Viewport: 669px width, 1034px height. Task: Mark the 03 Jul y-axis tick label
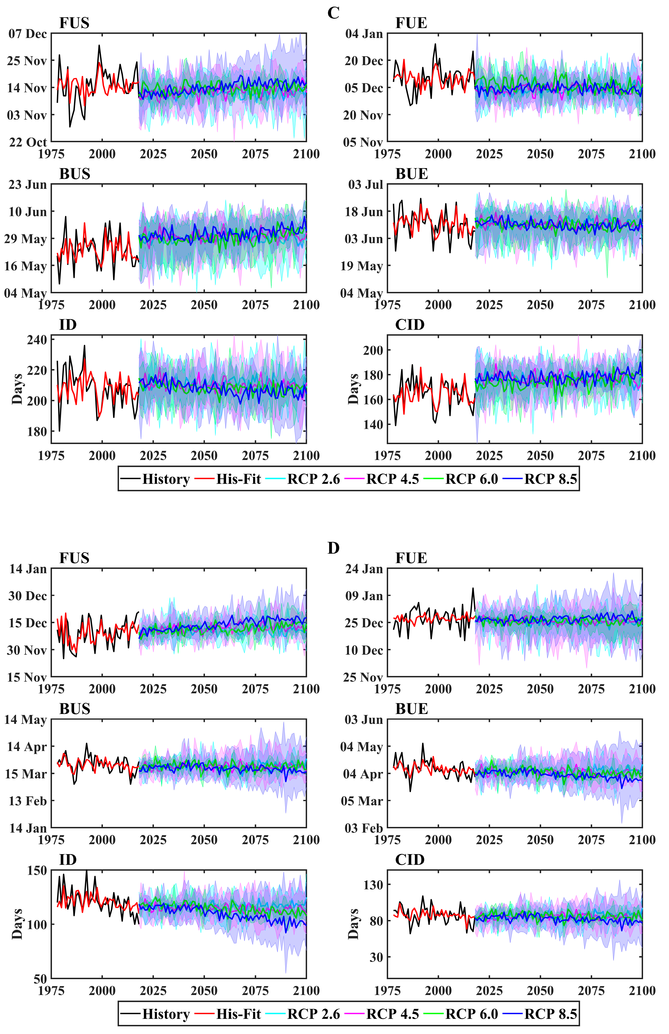pyautogui.click(x=366, y=185)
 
